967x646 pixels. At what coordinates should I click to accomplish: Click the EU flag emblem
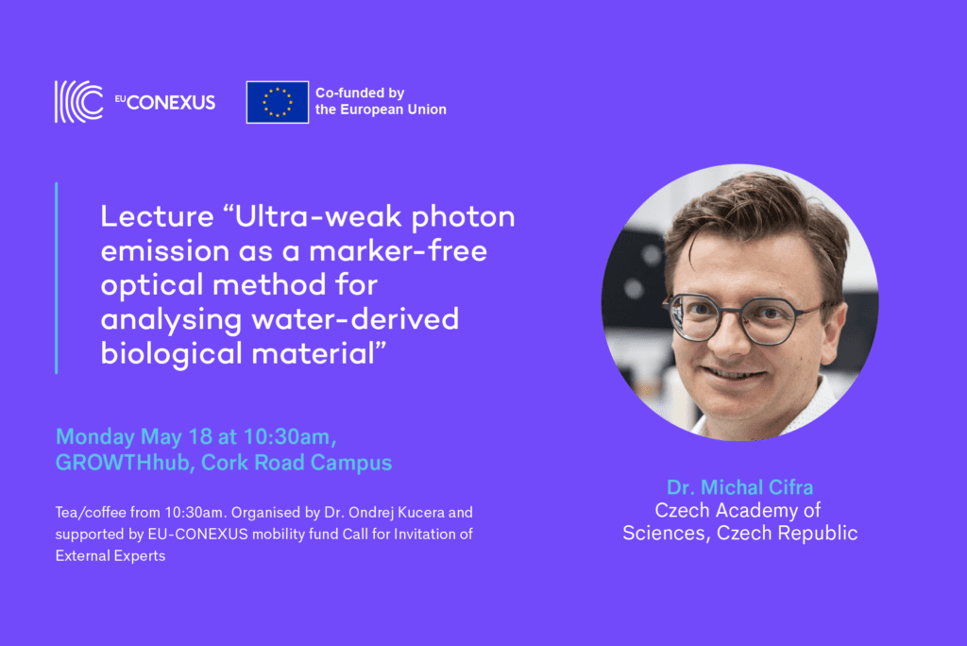tap(278, 102)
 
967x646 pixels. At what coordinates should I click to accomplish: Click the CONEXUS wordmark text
tap(171, 102)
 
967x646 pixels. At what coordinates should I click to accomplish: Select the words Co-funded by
tap(360, 93)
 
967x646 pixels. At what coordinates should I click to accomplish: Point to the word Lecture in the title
tap(158, 216)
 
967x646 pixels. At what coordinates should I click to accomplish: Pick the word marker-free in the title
tap(398, 251)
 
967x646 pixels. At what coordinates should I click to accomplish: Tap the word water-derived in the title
tap(355, 319)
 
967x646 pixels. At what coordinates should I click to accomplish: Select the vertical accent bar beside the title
tap(57, 279)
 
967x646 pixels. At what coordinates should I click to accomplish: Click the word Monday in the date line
tap(95, 437)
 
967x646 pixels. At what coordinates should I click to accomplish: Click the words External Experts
tap(110, 556)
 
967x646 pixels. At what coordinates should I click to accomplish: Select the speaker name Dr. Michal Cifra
tap(740, 487)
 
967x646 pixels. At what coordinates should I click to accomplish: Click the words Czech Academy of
tap(738, 510)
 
